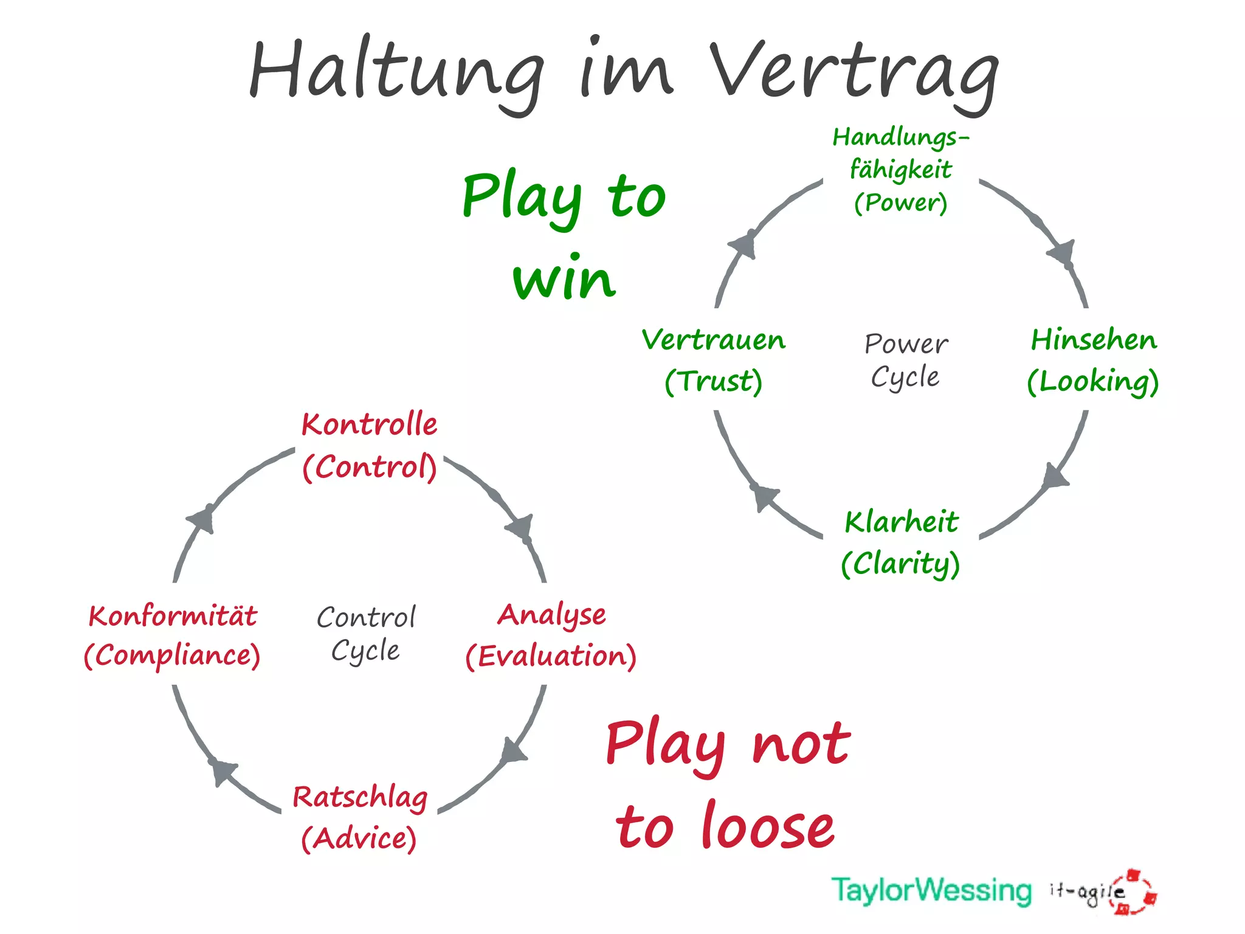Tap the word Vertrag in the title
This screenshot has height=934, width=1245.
[854, 73]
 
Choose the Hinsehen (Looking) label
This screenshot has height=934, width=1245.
[1093, 360]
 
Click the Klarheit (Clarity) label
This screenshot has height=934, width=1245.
[901, 542]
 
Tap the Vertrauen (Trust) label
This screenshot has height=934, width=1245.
[714, 360]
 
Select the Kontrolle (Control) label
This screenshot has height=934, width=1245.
[370, 445]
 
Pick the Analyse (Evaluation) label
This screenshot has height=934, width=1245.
[551, 635]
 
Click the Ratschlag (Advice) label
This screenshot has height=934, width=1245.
[360, 817]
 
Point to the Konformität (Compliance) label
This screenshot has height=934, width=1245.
[173, 635]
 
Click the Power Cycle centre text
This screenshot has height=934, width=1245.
[906, 360]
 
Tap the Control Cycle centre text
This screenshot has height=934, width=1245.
[366, 634]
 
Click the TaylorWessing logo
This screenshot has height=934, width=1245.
[931, 890]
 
